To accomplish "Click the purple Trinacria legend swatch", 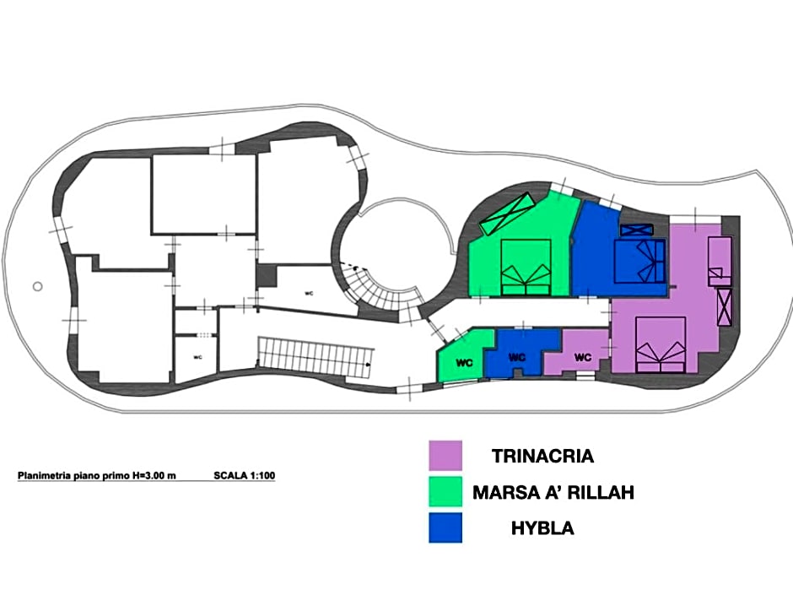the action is click(x=445, y=456).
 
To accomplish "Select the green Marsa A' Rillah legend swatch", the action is click(x=445, y=491).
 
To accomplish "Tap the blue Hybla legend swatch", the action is click(x=445, y=527).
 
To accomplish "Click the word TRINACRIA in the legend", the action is click(x=542, y=456).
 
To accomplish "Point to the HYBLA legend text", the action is click(x=542, y=528).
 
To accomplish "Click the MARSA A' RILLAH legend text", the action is click(x=553, y=492).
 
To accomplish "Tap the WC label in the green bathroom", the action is click(x=464, y=363).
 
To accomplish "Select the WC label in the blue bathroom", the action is click(x=517, y=357).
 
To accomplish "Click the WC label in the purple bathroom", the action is click(x=583, y=357).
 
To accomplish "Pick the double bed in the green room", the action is click(x=526, y=268).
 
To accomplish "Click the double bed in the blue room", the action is click(x=639, y=261).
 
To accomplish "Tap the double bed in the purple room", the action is click(x=661, y=345).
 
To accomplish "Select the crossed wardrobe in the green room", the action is click(x=507, y=214).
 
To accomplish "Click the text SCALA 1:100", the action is click(x=245, y=476).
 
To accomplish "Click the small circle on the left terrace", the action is click(x=37, y=286).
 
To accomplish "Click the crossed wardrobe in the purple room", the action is click(x=725, y=307).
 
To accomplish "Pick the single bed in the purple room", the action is click(x=719, y=261).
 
